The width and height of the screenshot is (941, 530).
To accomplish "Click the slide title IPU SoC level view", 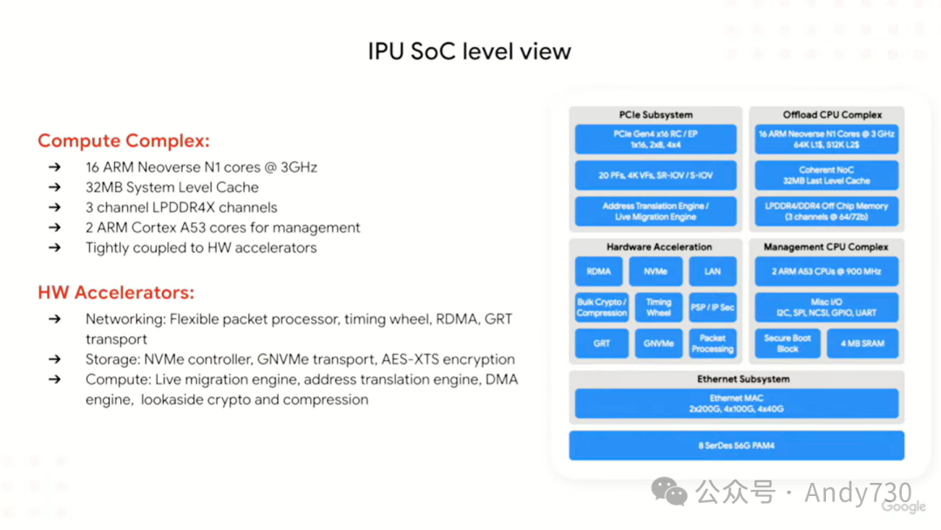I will coord(470,51).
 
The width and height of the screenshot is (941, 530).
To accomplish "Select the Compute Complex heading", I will coord(124,140).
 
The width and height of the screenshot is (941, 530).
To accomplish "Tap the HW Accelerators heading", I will coord(116,293).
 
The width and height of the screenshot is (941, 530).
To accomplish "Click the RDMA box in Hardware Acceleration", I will coord(599,271).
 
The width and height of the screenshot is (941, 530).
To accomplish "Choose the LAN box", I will coord(713,271).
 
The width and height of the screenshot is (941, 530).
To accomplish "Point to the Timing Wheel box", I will coord(659,307).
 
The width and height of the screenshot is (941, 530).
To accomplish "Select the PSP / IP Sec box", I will coord(713,307).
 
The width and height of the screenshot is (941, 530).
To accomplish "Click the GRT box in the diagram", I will coord(601,343).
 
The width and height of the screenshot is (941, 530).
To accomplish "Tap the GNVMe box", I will coord(659,343).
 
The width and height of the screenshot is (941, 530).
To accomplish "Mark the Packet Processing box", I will coord(713,343).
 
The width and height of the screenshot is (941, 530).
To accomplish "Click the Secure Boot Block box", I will coord(788,343).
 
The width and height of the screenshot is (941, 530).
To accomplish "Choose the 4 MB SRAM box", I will coord(862,343).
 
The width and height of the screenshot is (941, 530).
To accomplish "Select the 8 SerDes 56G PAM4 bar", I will coord(736,445).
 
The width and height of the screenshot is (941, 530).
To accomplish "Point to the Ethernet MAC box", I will coord(736,403).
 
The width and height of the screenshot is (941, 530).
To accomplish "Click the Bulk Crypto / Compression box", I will coord(601,307).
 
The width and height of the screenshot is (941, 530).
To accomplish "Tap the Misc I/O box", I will coord(827,307).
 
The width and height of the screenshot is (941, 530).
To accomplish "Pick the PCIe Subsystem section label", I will coord(655,114).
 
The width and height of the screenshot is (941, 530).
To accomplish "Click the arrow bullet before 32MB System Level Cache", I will coord(55,187).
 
